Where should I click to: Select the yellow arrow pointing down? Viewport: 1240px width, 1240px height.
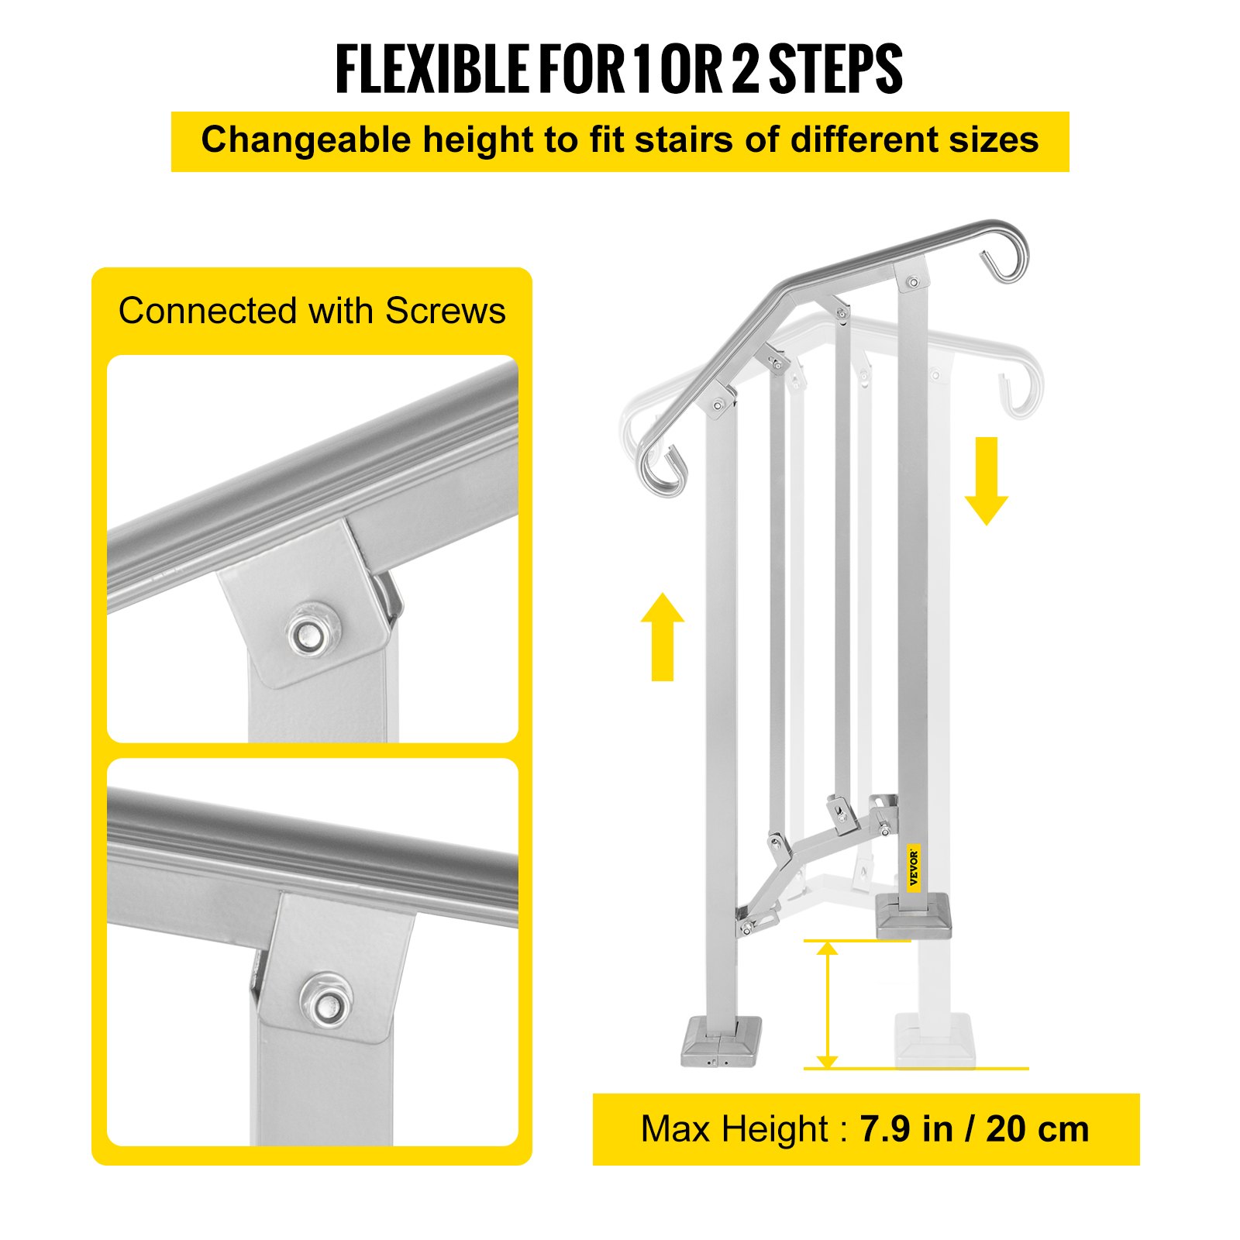(x=986, y=480)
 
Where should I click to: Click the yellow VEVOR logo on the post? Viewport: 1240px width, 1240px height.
(x=914, y=867)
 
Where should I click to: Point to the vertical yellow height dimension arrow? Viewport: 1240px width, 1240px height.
(x=828, y=1005)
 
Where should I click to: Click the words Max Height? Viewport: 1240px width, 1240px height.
(x=735, y=1129)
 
